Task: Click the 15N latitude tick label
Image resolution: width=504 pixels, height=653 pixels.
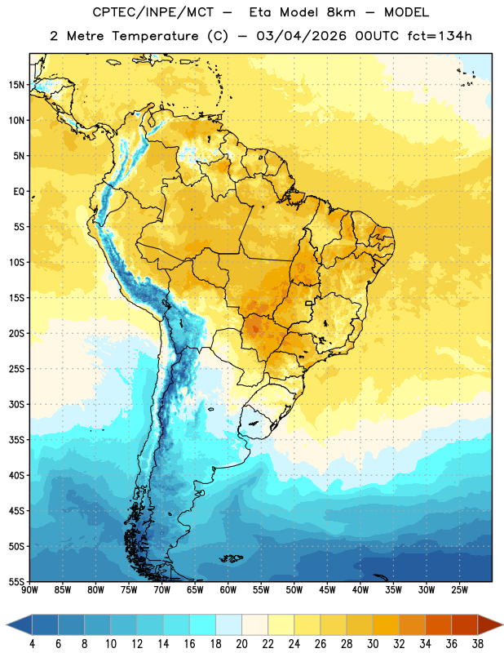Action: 16,85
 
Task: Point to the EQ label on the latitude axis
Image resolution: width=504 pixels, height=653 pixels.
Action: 19,192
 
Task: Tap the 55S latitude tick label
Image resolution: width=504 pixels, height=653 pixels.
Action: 16,581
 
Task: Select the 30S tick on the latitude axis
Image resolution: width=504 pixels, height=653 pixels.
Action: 16,404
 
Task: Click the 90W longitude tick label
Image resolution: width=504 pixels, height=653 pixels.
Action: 29,589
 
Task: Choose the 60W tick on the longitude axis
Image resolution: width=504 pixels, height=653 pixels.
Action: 228,589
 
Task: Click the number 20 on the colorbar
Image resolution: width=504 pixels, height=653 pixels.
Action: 241,644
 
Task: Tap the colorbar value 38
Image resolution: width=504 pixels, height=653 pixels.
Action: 478,644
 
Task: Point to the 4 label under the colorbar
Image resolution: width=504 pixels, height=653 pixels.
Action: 32,644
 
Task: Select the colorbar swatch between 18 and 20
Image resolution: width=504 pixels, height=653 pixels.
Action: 229,624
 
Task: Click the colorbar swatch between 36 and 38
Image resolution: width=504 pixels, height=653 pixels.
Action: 465,624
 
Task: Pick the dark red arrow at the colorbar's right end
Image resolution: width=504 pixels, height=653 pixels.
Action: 489,624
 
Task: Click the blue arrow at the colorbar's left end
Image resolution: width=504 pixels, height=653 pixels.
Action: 20,624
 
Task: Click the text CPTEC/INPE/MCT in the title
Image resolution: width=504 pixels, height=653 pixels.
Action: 153,12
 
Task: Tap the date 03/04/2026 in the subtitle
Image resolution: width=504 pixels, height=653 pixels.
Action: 301,36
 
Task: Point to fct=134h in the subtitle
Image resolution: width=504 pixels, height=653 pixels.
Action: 440,36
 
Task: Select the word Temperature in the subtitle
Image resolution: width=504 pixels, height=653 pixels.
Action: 155,36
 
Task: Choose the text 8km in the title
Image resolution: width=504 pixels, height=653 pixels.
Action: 341,12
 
